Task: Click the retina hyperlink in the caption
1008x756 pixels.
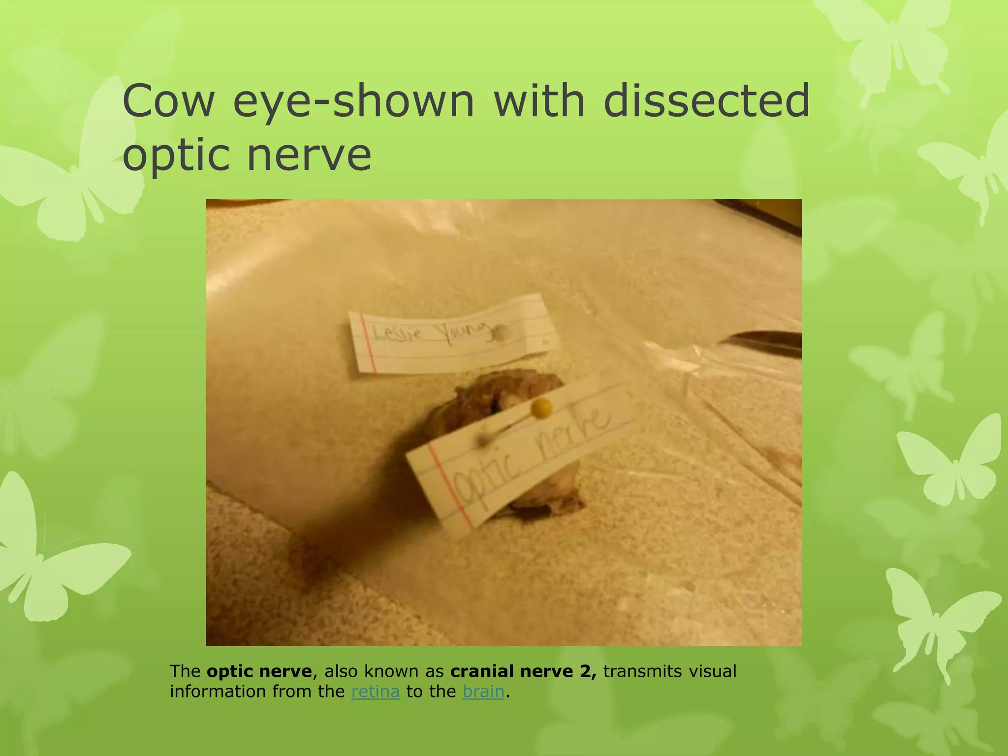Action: pos(375,692)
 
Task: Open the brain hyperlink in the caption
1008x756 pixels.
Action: pos(483,692)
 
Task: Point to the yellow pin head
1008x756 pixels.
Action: pos(542,408)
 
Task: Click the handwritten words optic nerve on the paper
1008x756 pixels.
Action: pos(532,455)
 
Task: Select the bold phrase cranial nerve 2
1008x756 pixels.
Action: pos(523,671)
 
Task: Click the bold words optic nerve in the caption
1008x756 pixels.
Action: pos(259,671)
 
